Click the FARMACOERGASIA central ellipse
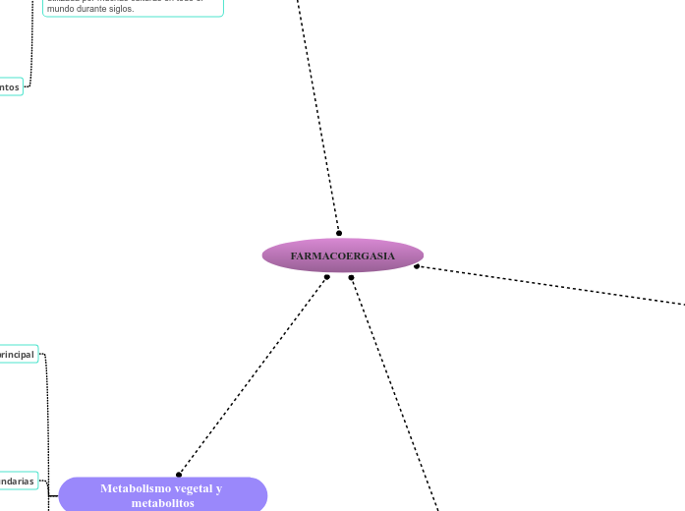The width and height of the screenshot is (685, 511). pos(343,255)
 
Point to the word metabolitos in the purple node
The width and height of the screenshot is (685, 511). pos(162,503)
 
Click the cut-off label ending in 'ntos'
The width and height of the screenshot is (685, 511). pos(10,87)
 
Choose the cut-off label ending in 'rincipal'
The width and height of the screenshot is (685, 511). pos(18,354)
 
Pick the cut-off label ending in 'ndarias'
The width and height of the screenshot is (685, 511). pos(18,482)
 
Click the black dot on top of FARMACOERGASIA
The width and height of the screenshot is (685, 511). pos(339,233)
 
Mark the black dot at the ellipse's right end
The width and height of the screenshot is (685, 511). pos(417,266)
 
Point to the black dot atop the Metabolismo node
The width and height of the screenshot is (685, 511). pos(179,475)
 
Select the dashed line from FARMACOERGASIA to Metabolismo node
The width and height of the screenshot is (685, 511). pos(254,375)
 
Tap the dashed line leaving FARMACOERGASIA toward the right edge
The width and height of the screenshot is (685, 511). pos(550,285)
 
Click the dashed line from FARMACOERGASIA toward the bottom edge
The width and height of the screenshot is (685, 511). pos(393,393)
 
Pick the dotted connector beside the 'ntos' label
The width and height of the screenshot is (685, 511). pos(32,49)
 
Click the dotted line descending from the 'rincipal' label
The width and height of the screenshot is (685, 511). pos(47,413)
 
